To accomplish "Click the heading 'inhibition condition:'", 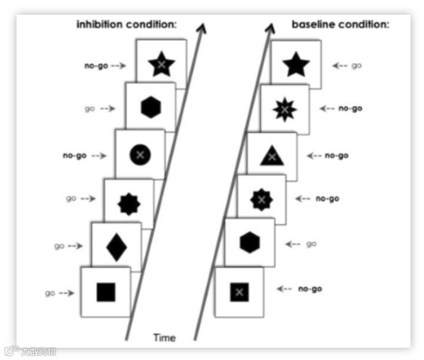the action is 126,25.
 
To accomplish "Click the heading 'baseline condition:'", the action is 340,25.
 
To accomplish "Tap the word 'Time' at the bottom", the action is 164,338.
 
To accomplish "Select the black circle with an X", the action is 140,155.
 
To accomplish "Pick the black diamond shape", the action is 116,247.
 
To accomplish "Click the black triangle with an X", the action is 271,157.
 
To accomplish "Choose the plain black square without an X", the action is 106,292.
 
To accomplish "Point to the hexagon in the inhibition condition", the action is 150,108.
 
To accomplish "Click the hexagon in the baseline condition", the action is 249,243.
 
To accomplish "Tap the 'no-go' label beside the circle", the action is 75,156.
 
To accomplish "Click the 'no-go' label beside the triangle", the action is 336,156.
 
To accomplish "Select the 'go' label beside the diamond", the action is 59,246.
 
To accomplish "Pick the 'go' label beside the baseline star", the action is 356,65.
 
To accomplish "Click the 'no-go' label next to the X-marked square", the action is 310,288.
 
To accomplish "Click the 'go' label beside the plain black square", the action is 50,293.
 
